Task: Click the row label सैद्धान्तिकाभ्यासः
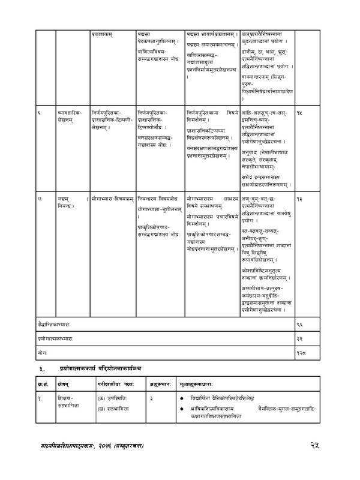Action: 54,324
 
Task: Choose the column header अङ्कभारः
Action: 144,383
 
